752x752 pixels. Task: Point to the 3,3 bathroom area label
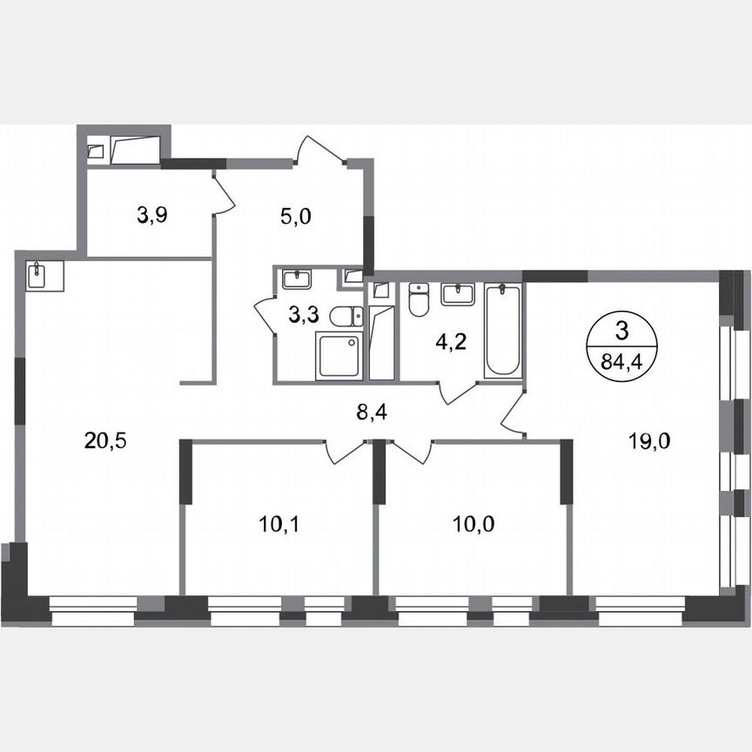(x=302, y=315)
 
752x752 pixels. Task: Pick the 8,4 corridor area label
(x=372, y=412)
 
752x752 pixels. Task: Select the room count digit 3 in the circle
(x=621, y=330)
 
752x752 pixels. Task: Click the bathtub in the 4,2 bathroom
(x=501, y=330)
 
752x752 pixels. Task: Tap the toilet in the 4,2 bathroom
(x=419, y=300)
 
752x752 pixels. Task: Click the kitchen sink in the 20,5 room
(x=39, y=276)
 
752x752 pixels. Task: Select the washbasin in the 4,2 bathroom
(x=459, y=293)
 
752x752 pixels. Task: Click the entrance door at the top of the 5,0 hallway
(x=322, y=150)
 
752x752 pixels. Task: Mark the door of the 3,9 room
(x=223, y=193)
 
